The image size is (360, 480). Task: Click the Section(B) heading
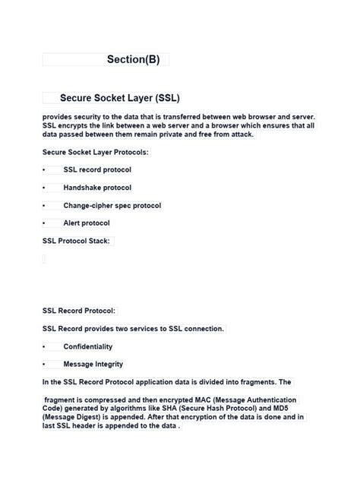pos(133,59)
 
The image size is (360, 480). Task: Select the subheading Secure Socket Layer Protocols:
pos(95,152)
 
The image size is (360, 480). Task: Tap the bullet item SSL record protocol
pos(97,170)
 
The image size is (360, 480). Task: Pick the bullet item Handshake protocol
pos(97,188)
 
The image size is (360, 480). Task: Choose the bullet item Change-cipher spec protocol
pos(112,205)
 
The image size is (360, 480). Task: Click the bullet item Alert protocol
pos(87,223)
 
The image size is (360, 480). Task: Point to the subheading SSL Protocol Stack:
pos(77,241)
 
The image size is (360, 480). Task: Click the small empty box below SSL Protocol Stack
pos(44,259)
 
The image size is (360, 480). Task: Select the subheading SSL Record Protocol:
pos(79,311)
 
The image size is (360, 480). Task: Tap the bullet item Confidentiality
pos(87,346)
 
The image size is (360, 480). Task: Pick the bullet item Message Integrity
pos(93,364)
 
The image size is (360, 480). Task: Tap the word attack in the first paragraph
pos(239,134)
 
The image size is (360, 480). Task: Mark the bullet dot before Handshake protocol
pos(44,188)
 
